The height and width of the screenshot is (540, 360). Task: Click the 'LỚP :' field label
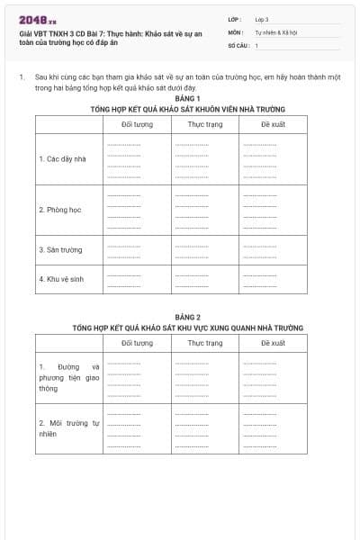click(x=236, y=19)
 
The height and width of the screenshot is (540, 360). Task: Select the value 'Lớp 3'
click(x=262, y=19)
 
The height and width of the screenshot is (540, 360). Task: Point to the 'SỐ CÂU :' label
click(x=238, y=44)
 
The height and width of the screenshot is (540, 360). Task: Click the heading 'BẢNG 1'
click(x=188, y=98)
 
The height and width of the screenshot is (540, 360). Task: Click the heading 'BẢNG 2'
click(x=188, y=318)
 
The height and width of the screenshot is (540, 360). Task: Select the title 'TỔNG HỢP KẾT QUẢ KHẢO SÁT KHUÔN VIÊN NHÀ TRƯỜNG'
click(x=188, y=108)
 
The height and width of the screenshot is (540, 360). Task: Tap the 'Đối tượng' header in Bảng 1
click(x=137, y=124)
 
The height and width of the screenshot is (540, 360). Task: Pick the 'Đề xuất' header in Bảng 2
click(x=273, y=343)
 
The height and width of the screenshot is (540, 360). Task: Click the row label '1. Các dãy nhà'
click(x=62, y=158)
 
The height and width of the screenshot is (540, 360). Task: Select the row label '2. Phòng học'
click(x=60, y=210)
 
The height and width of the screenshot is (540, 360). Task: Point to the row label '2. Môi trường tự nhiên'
click(x=68, y=427)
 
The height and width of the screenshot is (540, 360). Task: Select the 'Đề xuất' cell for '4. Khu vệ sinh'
click(x=273, y=279)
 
